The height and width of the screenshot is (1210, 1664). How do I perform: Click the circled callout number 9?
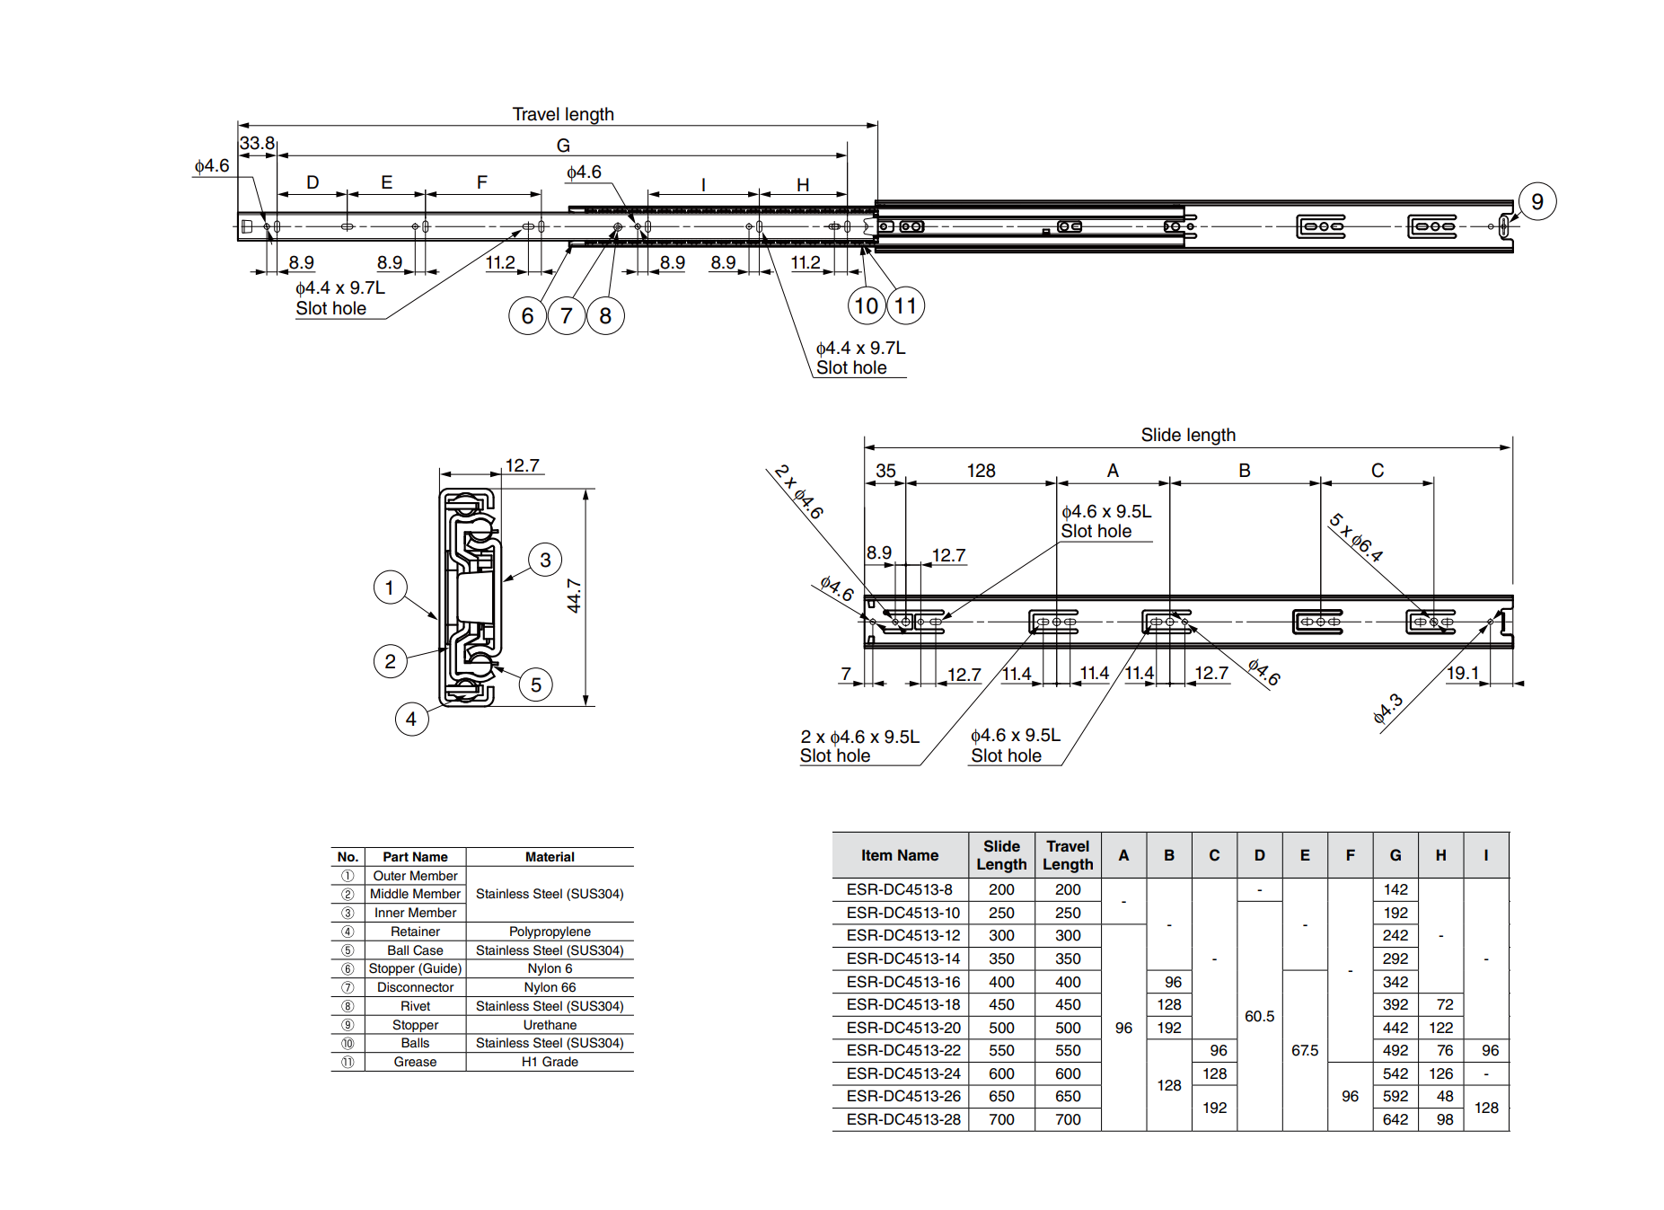click(x=1536, y=201)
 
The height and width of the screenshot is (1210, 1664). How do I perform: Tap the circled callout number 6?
click(x=527, y=316)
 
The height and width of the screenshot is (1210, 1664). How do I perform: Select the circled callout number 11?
click(x=905, y=306)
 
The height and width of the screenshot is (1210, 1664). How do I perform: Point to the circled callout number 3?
click(x=545, y=560)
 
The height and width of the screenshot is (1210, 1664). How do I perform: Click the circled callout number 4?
click(x=411, y=719)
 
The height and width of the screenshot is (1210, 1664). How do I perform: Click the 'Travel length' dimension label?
click(x=563, y=114)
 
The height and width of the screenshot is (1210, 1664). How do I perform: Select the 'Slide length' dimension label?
click(x=1187, y=435)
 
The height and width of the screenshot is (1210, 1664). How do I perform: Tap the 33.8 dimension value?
click(x=257, y=143)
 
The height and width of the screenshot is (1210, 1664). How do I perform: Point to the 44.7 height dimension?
click(x=574, y=596)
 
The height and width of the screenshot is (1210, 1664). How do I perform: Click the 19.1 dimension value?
click(x=1462, y=673)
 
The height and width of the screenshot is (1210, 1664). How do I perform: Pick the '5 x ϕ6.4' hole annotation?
click(x=1356, y=537)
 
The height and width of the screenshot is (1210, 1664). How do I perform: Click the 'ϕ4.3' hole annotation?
click(x=1387, y=709)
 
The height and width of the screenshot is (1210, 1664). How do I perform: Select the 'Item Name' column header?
click(x=899, y=855)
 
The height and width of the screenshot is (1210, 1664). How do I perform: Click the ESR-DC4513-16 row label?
click(x=902, y=982)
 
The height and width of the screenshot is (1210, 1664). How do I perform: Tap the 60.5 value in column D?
click(x=1259, y=1016)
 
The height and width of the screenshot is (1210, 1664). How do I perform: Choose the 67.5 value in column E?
click(x=1304, y=1050)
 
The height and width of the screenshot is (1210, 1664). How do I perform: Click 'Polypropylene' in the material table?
click(x=550, y=932)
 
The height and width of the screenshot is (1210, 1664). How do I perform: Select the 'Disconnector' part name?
click(x=415, y=987)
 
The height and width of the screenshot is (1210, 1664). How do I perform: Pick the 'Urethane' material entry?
click(x=550, y=1025)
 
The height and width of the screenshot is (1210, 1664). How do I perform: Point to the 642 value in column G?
click(x=1395, y=1119)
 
